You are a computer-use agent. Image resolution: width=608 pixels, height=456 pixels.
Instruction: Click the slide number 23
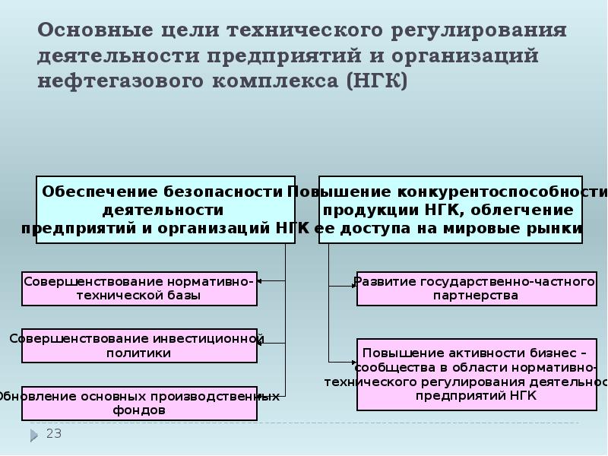click(54, 434)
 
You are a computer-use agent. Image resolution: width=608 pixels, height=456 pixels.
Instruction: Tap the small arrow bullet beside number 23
click(34, 435)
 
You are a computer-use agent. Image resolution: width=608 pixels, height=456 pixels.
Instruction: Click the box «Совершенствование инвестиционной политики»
click(139, 345)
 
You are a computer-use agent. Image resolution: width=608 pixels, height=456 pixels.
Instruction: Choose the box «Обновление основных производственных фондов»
click(139, 403)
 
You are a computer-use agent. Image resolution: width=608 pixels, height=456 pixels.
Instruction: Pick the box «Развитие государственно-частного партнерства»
click(475, 289)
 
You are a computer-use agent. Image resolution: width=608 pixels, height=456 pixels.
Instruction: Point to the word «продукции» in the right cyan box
click(356, 210)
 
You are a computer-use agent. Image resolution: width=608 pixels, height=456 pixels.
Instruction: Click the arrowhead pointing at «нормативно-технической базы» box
click(260, 281)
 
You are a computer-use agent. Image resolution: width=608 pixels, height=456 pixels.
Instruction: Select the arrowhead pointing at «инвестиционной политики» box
click(260, 343)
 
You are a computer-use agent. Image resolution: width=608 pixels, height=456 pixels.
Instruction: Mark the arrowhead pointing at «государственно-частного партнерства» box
click(353, 286)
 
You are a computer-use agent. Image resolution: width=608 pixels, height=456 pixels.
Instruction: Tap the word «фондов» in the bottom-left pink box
click(139, 410)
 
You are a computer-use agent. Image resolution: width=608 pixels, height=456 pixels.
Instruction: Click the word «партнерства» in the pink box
click(475, 296)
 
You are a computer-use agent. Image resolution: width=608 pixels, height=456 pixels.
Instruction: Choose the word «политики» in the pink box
click(139, 353)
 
